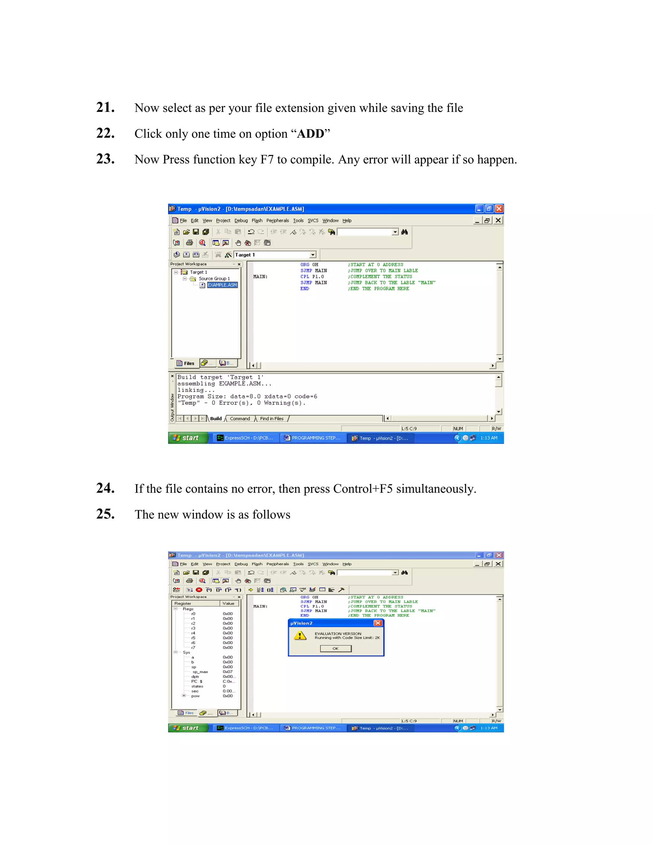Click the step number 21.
[105, 107]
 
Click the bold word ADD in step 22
[310, 134]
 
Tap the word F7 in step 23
[267, 159]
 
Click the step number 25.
[105, 514]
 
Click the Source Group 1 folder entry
[214, 279]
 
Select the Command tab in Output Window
[240, 419]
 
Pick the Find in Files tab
[272, 419]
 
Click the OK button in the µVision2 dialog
[335, 649]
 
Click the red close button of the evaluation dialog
[378, 623]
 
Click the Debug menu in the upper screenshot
[241, 221]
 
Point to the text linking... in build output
[196, 390]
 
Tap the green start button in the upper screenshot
[188, 438]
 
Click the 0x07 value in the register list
[227, 672]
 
